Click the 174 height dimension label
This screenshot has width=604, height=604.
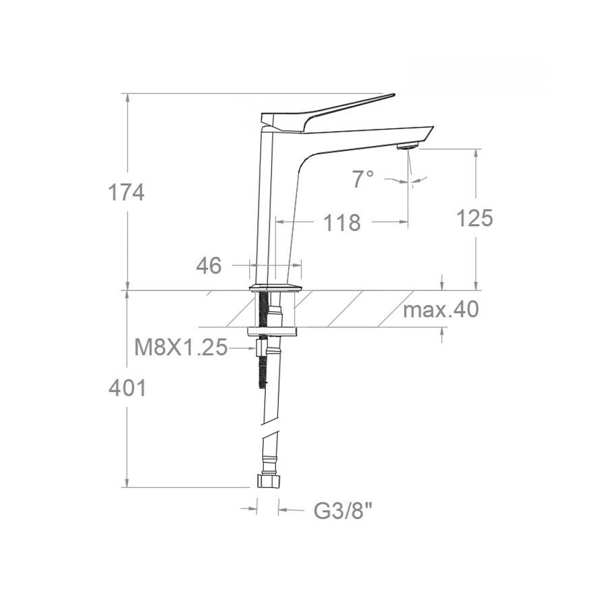point(126,193)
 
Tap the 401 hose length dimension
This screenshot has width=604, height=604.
point(127,388)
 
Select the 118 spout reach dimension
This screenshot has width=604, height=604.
point(342,223)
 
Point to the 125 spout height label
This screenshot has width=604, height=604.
point(475,218)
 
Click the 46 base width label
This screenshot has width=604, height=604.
point(209,265)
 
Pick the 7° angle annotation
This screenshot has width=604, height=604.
point(363,179)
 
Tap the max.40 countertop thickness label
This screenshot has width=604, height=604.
point(441,309)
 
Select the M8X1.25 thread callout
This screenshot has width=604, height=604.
point(181,348)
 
